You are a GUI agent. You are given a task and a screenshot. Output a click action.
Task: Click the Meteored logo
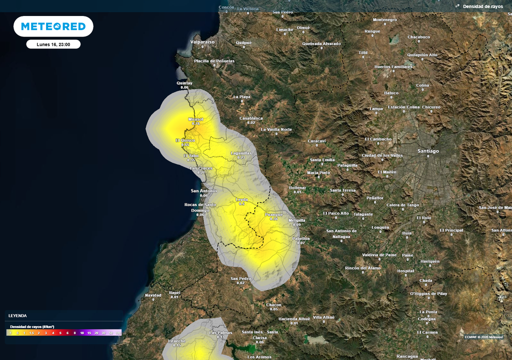pyautogui.click(x=53, y=26)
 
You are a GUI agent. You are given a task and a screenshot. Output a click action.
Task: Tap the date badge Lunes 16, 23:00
pyautogui.click(x=53, y=44)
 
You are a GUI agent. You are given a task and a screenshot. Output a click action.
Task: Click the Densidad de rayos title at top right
pyautogui.click(x=482, y=6)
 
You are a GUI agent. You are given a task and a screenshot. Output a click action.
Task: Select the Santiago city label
pyautogui.click(x=428, y=151)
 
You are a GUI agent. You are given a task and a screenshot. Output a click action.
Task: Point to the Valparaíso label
pyautogui.click(x=202, y=42)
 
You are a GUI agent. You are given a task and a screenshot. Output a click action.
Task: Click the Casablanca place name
pyautogui.click(x=251, y=118)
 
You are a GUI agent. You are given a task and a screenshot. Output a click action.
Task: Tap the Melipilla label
pyautogui.click(x=297, y=220)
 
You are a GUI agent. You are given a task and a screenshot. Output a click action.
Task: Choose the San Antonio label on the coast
pyautogui.click(x=204, y=190)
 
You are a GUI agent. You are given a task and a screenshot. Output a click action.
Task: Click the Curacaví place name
pyautogui.click(x=317, y=141)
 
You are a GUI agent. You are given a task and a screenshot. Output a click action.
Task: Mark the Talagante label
pyautogui.click(x=363, y=214)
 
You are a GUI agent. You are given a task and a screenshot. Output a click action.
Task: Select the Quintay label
pyautogui.click(x=184, y=83)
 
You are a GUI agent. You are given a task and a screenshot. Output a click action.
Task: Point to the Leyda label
pyautogui.click(x=242, y=199)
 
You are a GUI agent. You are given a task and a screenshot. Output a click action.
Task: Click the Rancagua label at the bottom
pyautogui.click(x=407, y=356)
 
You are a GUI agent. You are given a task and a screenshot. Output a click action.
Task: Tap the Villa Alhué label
pyautogui.click(x=323, y=317)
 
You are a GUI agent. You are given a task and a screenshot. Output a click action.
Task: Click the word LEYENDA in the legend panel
pyautogui.click(x=17, y=315)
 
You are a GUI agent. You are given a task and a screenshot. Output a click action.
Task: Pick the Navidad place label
pyautogui.click(x=153, y=295)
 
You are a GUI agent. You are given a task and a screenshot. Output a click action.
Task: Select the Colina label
pyautogui.click(x=422, y=85)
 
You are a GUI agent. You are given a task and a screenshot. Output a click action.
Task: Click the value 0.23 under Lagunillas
pyautogui.click(x=241, y=157)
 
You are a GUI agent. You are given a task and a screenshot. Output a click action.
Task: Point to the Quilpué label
pyautogui.click(x=243, y=42)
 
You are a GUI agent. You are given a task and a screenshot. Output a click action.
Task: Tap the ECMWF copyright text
pyautogui.click(x=483, y=336)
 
